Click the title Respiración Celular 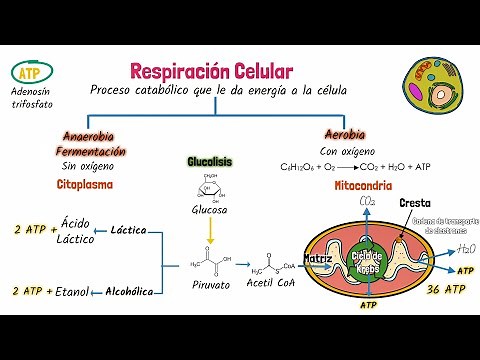pyautogui.click(x=211, y=72)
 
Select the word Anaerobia pyautogui.click(x=88, y=136)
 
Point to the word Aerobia pyautogui.click(x=344, y=134)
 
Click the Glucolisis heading pyautogui.click(x=210, y=161)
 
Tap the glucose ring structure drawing pyautogui.click(x=210, y=187)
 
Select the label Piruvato pyautogui.click(x=210, y=285)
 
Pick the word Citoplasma pyautogui.click(x=84, y=185)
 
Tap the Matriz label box pyautogui.click(x=319, y=258)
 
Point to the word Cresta pyautogui.click(x=415, y=203)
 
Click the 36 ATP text pyautogui.click(x=445, y=290)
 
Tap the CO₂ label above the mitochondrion pyautogui.click(x=368, y=203)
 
